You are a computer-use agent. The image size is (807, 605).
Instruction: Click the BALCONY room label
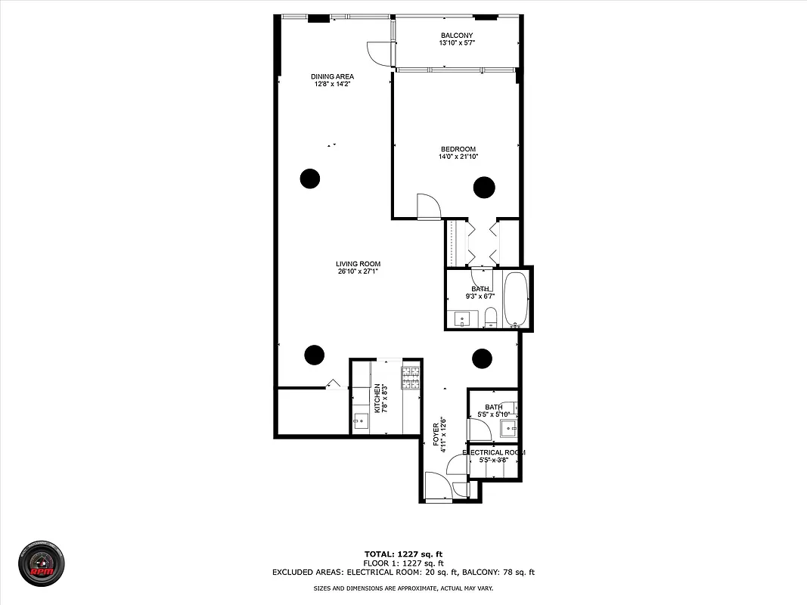tap(457, 36)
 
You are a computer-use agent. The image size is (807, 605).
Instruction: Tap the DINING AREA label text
tap(332, 76)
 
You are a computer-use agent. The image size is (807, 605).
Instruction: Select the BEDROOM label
tap(458, 149)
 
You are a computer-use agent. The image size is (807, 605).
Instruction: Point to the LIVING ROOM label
tap(358, 264)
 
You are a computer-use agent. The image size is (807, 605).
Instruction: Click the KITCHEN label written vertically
tap(377, 398)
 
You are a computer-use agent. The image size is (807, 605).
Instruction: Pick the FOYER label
tap(436, 436)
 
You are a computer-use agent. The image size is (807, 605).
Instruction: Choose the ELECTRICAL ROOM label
tap(493, 452)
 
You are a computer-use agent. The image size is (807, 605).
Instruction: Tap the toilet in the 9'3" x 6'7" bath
tap(490, 315)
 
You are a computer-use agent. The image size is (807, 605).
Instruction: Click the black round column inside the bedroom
tap(484, 187)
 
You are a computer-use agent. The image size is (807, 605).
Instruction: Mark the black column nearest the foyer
tap(481, 358)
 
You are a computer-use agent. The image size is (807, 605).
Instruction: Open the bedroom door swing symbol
tap(428, 206)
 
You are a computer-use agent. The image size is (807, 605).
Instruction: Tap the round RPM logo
tap(41, 563)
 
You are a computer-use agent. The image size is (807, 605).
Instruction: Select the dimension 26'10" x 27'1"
tap(358, 271)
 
